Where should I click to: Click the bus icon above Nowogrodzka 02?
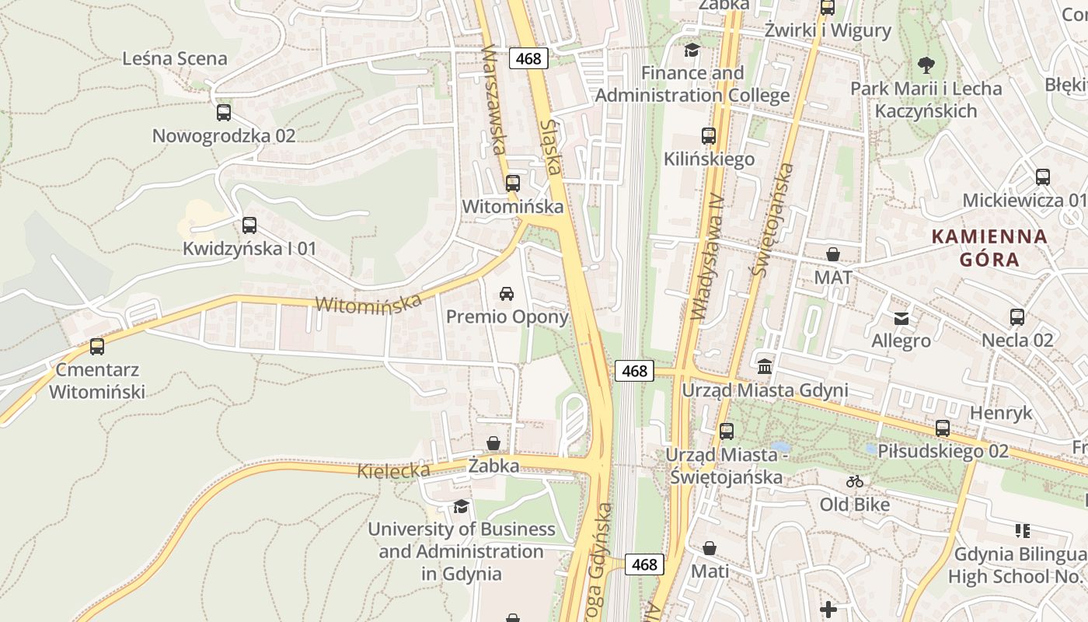pos(224,113)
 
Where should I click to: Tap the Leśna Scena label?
pos(175,59)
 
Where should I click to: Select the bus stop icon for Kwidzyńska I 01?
pos(249,225)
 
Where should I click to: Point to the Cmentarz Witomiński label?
pos(97,380)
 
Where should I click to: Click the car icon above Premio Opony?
pos(507,293)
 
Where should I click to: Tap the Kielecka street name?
pos(393,470)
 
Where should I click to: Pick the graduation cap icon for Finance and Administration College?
pos(692,51)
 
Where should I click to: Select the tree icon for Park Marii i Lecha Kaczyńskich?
pos(926,65)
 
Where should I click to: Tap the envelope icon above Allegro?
pos(901,318)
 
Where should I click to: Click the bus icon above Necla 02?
pos(1017,317)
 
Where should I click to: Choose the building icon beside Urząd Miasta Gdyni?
pos(765,366)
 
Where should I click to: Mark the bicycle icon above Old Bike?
pos(855,481)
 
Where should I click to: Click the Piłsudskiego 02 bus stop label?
pos(943,451)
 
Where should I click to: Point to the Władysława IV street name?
pos(706,257)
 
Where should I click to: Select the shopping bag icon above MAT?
pos(833,254)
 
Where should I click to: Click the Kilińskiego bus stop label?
pos(709,159)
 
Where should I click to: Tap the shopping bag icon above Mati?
pos(710,548)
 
